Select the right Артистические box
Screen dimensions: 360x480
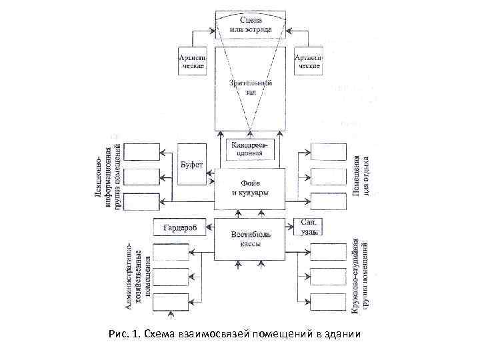(x=308, y=61)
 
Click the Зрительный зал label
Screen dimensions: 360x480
(x=250, y=87)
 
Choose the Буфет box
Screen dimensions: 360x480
(x=191, y=163)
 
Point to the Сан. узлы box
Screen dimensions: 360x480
(x=307, y=227)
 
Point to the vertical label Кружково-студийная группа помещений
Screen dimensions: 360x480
(x=361, y=276)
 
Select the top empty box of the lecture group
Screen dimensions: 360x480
(x=142, y=152)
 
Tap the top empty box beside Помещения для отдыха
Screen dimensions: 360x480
(x=329, y=152)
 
